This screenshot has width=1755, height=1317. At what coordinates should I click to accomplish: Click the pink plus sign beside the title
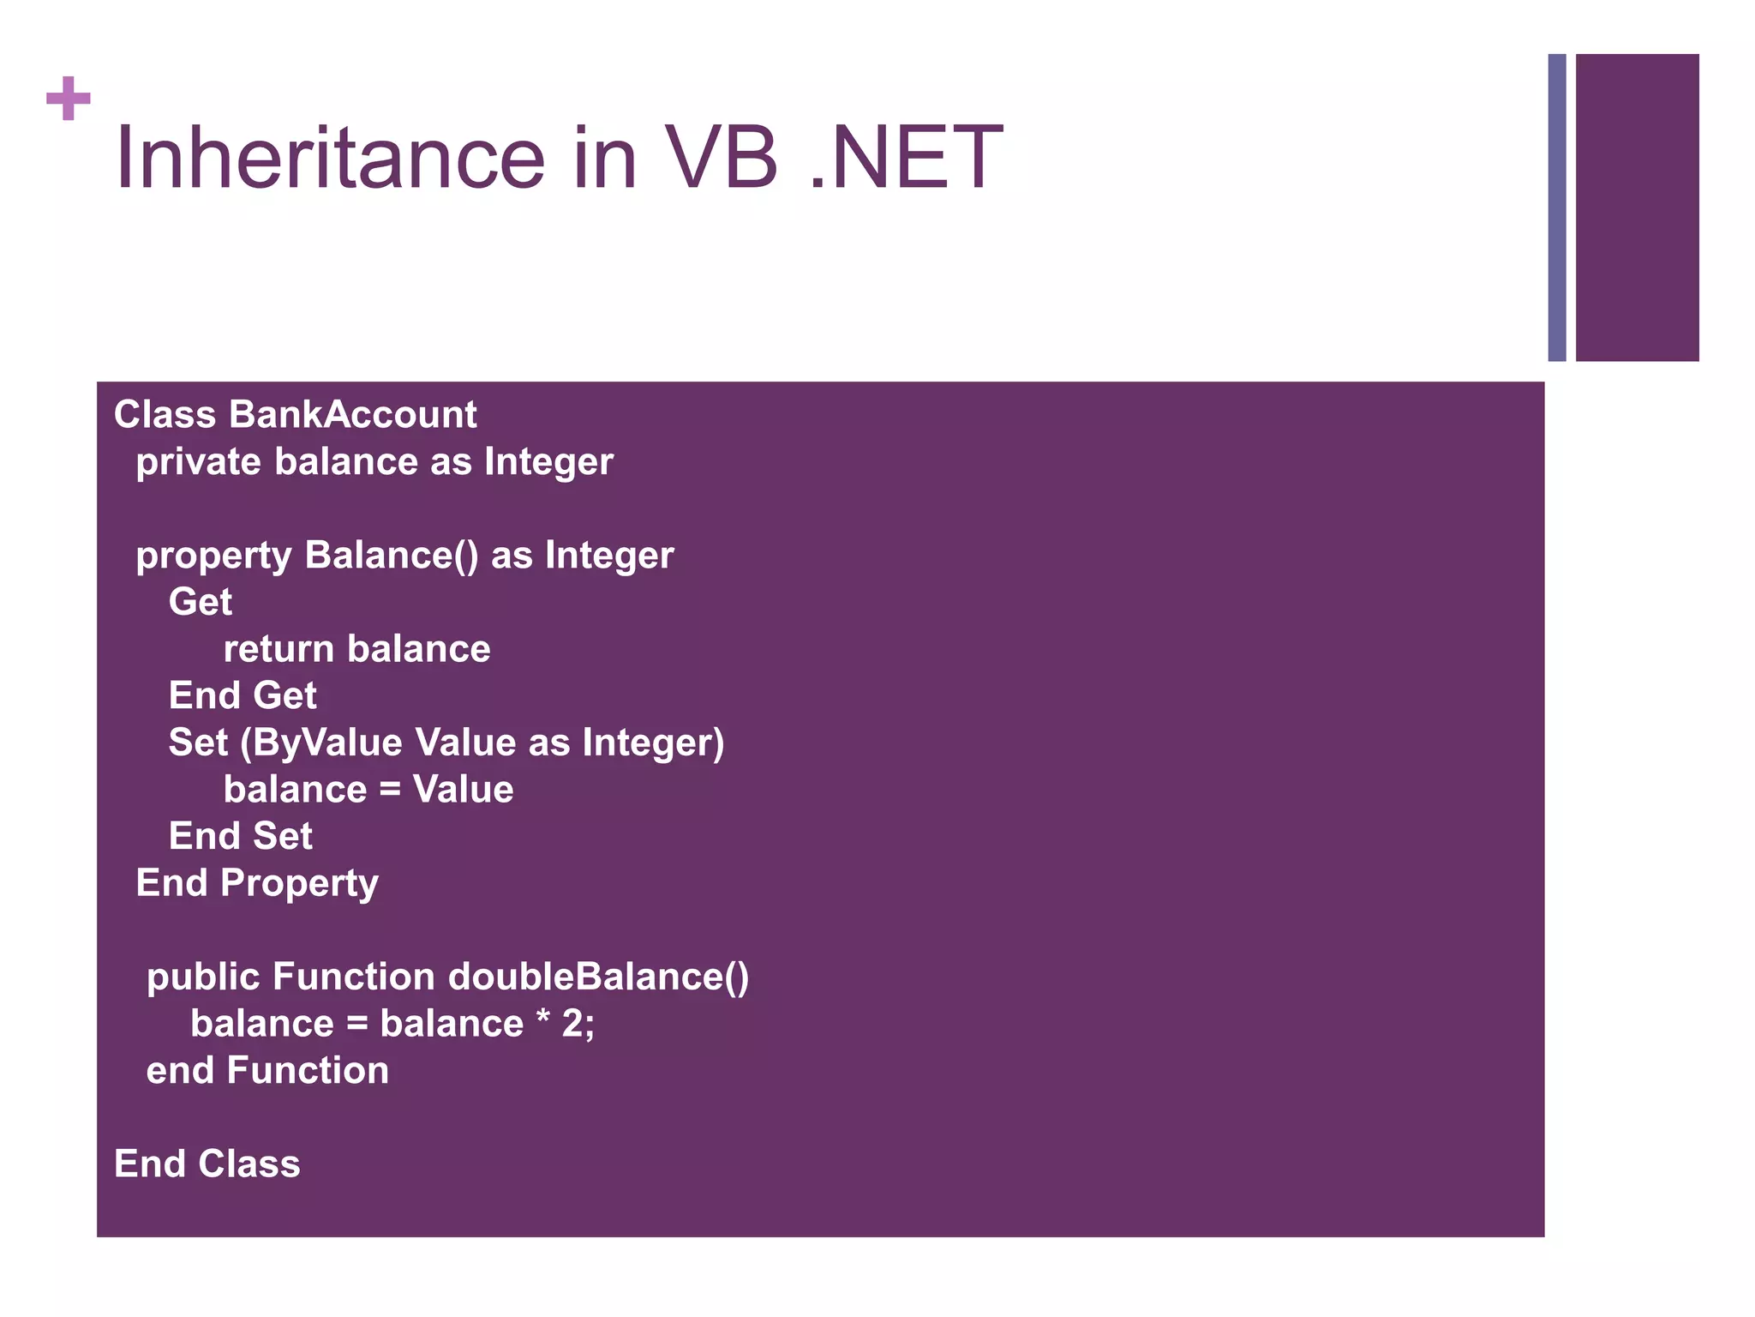tap(69, 99)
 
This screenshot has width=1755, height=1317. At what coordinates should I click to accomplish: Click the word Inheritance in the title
tap(330, 159)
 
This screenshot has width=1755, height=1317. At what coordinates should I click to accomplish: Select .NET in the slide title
tap(906, 159)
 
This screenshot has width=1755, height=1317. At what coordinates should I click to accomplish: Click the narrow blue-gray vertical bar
tap(1556, 207)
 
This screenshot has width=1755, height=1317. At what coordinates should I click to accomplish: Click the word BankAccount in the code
tap(352, 415)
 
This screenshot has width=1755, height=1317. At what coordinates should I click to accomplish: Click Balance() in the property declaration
tap(391, 556)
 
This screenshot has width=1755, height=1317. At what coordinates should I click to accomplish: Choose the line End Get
tap(243, 695)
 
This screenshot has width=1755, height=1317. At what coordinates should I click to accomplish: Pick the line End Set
tap(240, 836)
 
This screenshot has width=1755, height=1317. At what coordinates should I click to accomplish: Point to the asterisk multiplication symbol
tap(542, 1019)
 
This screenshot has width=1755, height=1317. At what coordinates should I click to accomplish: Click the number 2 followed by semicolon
tap(578, 1024)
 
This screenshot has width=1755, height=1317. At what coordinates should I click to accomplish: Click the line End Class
tap(207, 1164)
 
